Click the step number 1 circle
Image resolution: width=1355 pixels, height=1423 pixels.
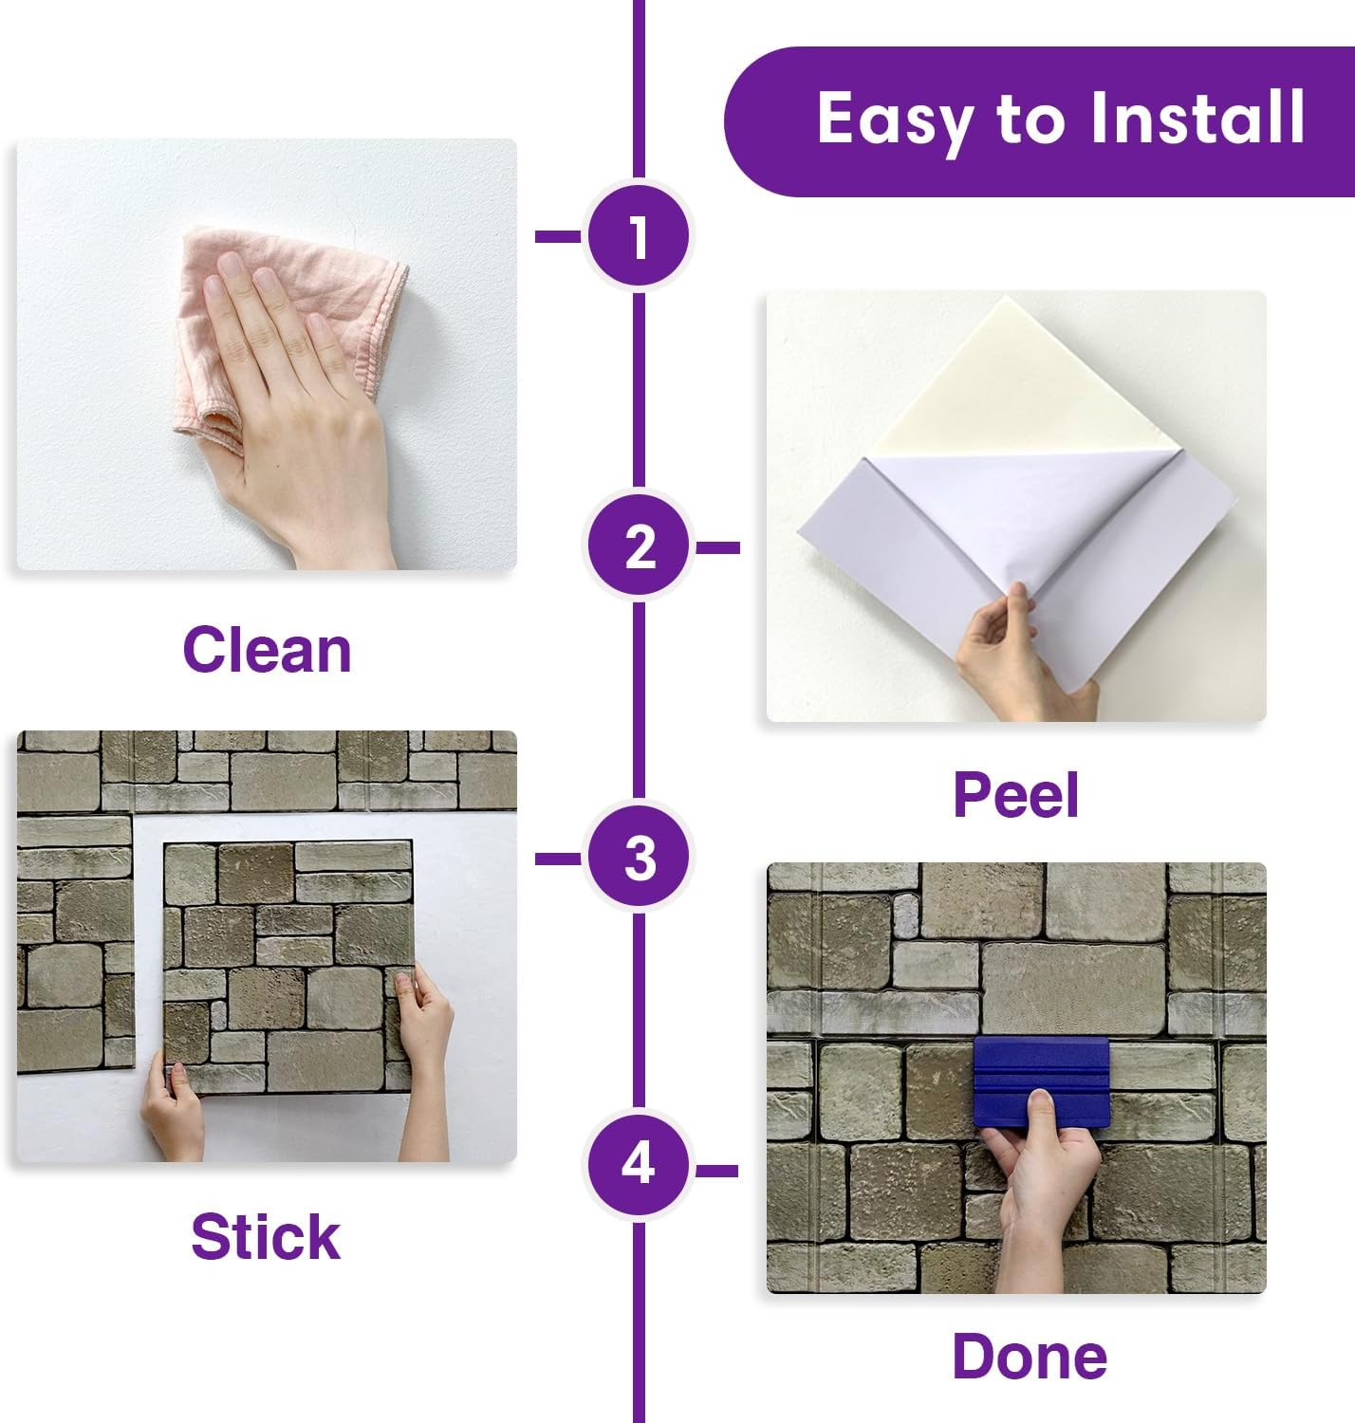click(x=639, y=235)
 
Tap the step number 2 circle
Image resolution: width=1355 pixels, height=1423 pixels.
click(x=639, y=547)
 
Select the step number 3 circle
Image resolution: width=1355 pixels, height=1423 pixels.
click(x=639, y=858)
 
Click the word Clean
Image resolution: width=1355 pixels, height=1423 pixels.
click(x=267, y=650)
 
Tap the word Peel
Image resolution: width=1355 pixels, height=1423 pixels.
click(x=1015, y=795)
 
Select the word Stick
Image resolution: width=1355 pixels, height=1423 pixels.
click(x=266, y=1237)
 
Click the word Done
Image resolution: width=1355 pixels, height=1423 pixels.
click(x=1029, y=1356)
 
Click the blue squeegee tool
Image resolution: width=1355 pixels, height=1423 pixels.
click(x=1040, y=1081)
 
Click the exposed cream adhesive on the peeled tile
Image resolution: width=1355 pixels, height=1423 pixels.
click(x=1006, y=379)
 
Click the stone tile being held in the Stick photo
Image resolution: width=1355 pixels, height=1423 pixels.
click(x=285, y=949)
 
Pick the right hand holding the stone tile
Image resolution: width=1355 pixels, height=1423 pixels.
click(x=427, y=1044)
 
